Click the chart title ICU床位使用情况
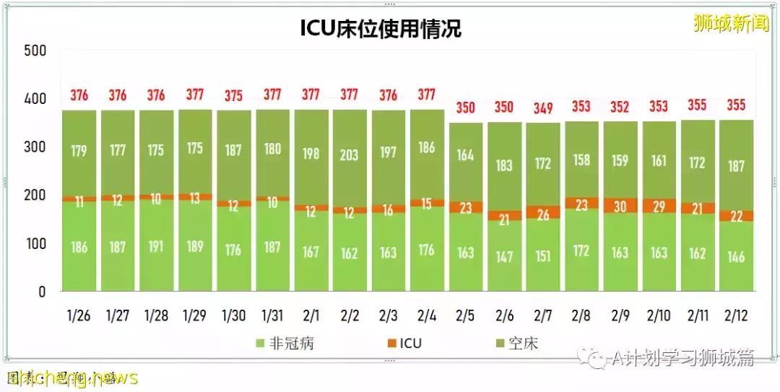tap(381, 28)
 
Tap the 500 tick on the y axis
tap(35, 50)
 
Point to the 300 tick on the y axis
tap(35, 147)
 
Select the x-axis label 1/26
tap(78, 317)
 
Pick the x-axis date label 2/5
tap(466, 317)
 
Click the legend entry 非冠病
tap(285, 343)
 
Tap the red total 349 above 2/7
tap(543, 108)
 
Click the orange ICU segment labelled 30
tap(621, 206)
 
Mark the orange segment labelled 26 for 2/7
tap(543, 214)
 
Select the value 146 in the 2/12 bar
tap(737, 256)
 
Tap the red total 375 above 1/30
tap(234, 95)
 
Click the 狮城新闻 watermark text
tap(730, 24)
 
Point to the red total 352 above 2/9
tap(621, 108)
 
